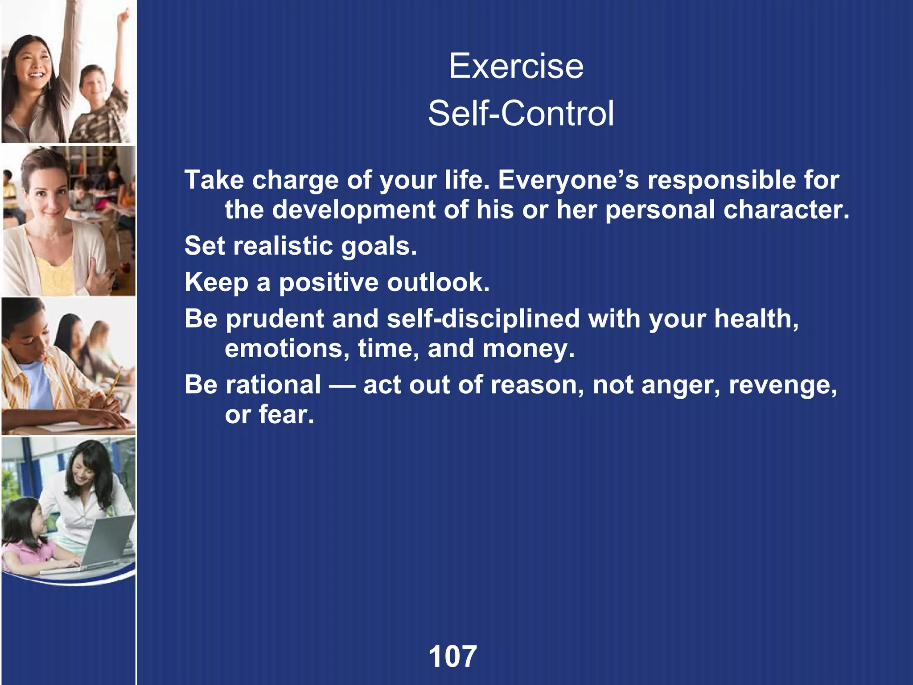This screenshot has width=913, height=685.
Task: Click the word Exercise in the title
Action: click(x=516, y=66)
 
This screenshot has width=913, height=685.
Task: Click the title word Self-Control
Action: click(x=521, y=113)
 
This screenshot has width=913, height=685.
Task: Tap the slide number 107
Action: click(x=452, y=656)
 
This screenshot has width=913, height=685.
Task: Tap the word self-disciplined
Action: click(x=483, y=319)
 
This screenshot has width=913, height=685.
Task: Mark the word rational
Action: click(x=273, y=384)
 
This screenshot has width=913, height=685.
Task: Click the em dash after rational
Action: click(x=342, y=385)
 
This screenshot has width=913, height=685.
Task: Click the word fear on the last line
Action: click(x=286, y=415)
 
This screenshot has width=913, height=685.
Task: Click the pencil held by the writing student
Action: click(x=113, y=384)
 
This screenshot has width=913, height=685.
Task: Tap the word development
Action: click(x=354, y=210)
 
